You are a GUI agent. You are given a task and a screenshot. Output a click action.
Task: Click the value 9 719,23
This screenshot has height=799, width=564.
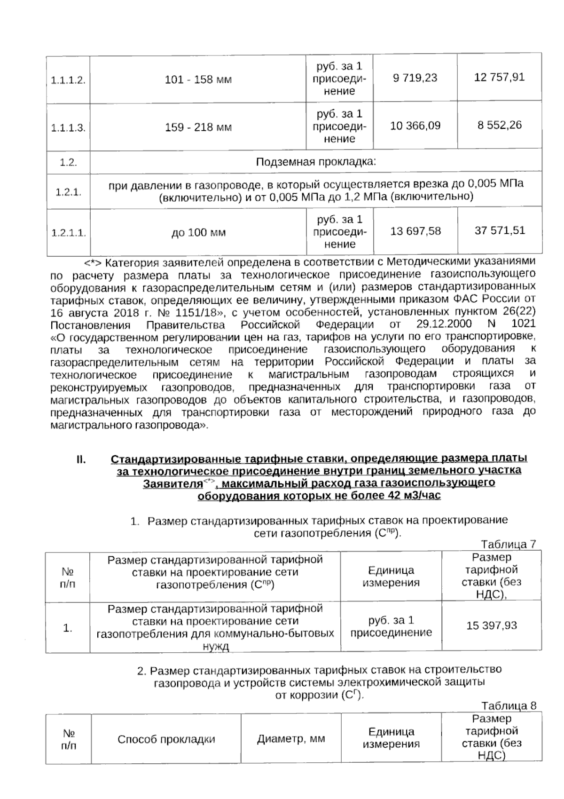pos(415,78)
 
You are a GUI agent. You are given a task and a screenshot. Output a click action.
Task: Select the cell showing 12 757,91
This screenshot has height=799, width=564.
pos(499,77)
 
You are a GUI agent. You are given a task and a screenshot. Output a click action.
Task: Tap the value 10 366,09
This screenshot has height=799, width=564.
pos(415,126)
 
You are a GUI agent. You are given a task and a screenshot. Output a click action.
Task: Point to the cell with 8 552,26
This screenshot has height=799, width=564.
pos(499,125)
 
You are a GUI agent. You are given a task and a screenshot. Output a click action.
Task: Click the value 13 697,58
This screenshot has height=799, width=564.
pos(415,231)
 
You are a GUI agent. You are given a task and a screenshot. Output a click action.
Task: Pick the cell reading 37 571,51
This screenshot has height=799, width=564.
pos(499,230)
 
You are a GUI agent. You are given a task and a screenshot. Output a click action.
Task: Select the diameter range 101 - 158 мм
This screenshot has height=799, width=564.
pos(198,79)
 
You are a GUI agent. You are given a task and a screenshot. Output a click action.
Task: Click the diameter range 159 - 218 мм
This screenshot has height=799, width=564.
pos(198,127)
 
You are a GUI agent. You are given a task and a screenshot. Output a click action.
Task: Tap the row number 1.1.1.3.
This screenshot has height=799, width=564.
pos(68,128)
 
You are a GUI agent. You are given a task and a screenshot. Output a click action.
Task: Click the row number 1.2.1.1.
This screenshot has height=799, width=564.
pos(68,233)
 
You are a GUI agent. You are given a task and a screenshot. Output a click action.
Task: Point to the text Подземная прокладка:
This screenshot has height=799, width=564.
pos(316,162)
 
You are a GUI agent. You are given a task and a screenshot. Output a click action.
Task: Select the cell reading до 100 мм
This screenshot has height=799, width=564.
pos(198,233)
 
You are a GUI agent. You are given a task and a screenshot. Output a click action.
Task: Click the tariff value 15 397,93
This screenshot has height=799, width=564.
pos(491,625)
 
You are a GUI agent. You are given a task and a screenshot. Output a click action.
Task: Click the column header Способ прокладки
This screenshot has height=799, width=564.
pos(166,739)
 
